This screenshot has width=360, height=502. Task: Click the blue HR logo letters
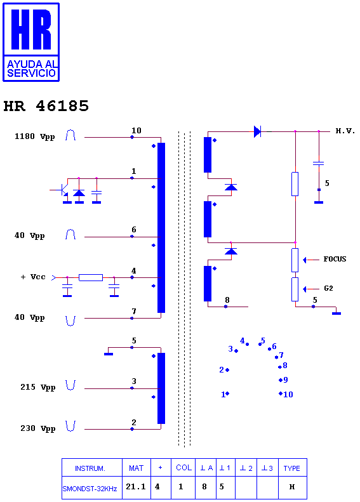pyautogui.click(x=31, y=29)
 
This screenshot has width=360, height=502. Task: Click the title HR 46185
pyautogui.click(x=46, y=106)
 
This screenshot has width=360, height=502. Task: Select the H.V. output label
pyautogui.click(x=345, y=131)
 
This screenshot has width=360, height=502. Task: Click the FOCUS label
pyautogui.click(x=335, y=259)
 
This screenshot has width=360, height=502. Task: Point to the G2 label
pyautogui.click(x=328, y=288)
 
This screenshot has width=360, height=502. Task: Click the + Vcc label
pyautogui.click(x=33, y=277)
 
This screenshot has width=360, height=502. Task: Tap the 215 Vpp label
pyautogui.click(x=38, y=387)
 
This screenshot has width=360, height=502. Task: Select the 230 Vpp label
pyautogui.click(x=38, y=428)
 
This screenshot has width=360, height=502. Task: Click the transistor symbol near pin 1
pyautogui.click(x=64, y=190)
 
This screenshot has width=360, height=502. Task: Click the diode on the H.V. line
pyautogui.click(x=257, y=131)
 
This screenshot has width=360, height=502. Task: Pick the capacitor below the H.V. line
pyautogui.click(x=319, y=163)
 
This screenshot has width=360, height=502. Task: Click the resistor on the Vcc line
pyautogui.click(x=91, y=277)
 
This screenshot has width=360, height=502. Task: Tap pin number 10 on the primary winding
pyautogui.click(x=136, y=130)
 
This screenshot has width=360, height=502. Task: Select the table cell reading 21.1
pyautogui.click(x=136, y=487)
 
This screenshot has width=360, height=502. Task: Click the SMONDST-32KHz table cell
pyautogui.click(x=90, y=489)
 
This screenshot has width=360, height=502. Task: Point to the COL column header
pyautogui.click(x=183, y=468)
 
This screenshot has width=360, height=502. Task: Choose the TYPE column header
pyautogui.click(x=292, y=468)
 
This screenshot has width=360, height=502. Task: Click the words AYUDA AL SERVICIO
pyautogui.click(x=31, y=69)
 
